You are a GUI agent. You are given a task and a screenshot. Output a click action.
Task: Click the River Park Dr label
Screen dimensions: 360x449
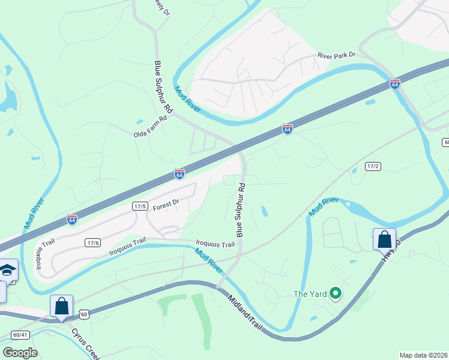click(x=337, y=55)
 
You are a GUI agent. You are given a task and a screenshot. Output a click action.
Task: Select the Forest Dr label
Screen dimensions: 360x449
click(x=166, y=205)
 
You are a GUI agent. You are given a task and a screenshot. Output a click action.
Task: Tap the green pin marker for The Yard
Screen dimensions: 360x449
click(x=336, y=293)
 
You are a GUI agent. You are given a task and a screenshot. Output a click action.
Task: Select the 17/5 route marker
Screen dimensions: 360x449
click(x=140, y=206)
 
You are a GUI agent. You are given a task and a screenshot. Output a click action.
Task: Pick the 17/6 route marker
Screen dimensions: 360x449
click(x=92, y=242)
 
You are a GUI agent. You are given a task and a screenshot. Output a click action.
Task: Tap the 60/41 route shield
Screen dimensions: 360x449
click(x=20, y=335)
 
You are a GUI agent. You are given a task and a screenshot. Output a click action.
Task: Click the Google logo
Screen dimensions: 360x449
click(x=20, y=353)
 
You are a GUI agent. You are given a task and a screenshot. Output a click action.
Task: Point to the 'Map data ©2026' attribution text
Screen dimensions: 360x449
click(x=424, y=355)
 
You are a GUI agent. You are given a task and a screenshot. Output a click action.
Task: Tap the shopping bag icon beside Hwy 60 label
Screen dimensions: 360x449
click(x=384, y=239)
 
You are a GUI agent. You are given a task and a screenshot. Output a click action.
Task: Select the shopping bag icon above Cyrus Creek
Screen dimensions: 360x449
click(x=61, y=305)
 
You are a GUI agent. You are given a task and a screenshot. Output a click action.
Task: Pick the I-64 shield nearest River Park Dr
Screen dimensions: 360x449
click(x=394, y=83)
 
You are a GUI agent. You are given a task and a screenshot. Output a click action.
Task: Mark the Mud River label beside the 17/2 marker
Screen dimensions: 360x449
click(x=324, y=207)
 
